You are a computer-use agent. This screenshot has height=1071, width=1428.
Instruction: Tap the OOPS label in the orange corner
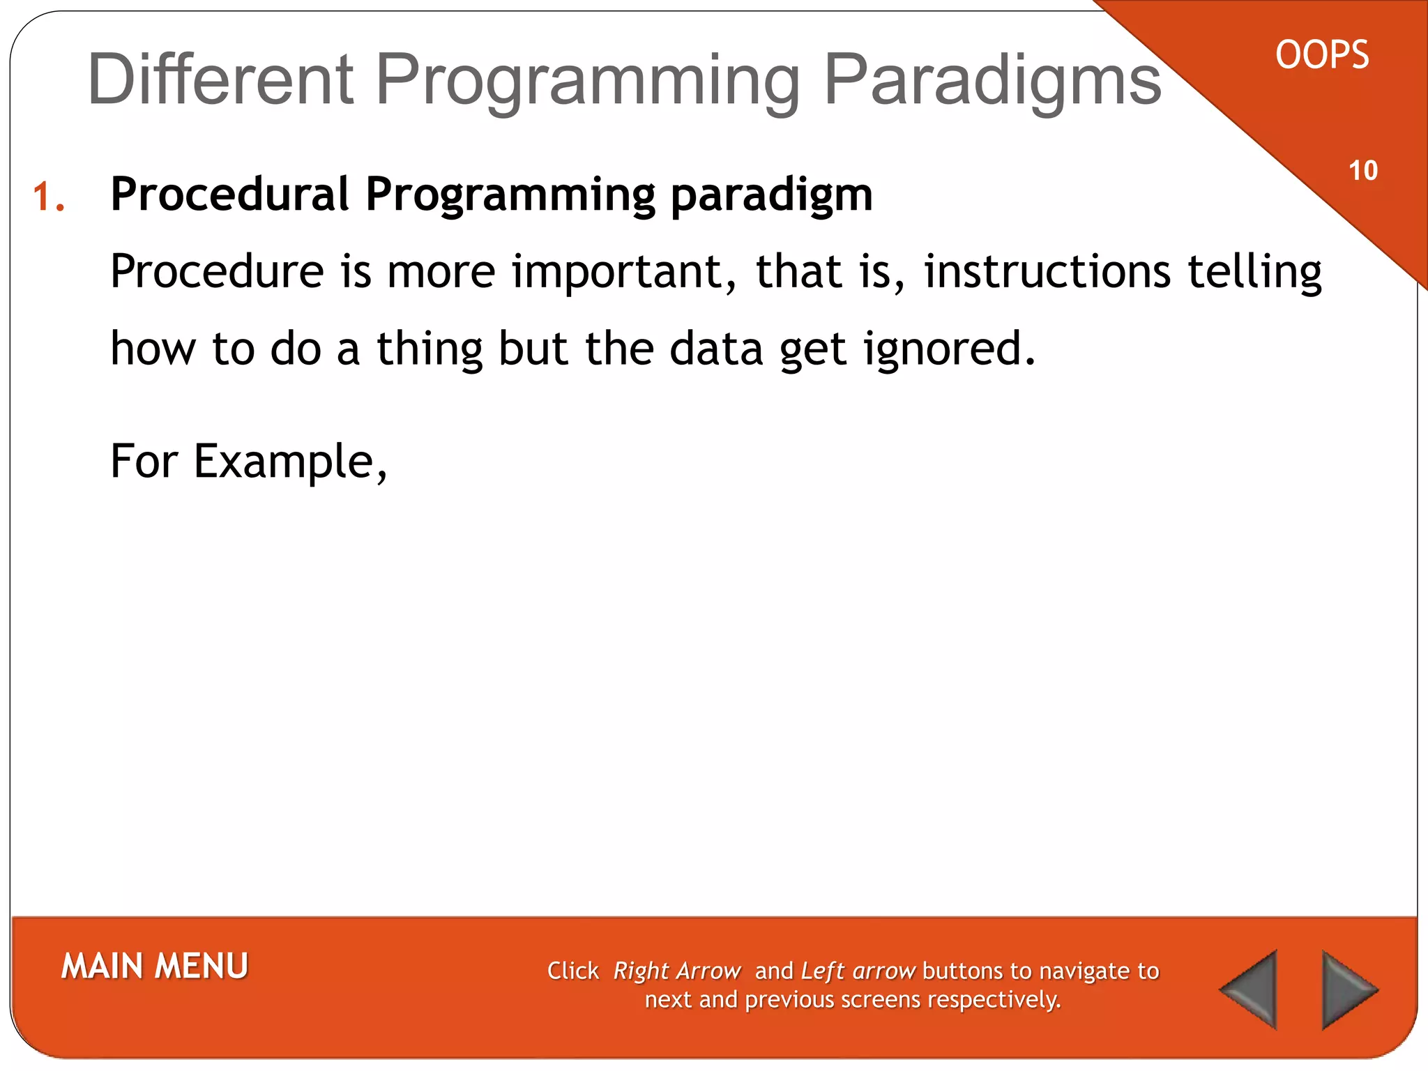1322,55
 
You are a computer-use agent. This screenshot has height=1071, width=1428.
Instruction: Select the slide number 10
1363,171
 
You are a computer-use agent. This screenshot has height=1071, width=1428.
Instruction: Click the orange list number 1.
49,197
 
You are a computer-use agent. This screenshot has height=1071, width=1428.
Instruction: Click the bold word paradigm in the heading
771,195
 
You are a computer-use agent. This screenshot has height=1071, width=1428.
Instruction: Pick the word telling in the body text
1255,272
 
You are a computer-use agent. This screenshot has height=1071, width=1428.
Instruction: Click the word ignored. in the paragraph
950,349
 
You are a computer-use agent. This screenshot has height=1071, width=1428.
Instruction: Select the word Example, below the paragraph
290,462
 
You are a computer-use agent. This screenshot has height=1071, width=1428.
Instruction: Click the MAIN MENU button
155,966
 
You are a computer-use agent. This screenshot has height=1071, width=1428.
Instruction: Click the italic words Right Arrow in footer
676,971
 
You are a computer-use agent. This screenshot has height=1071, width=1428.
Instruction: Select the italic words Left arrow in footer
858,971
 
